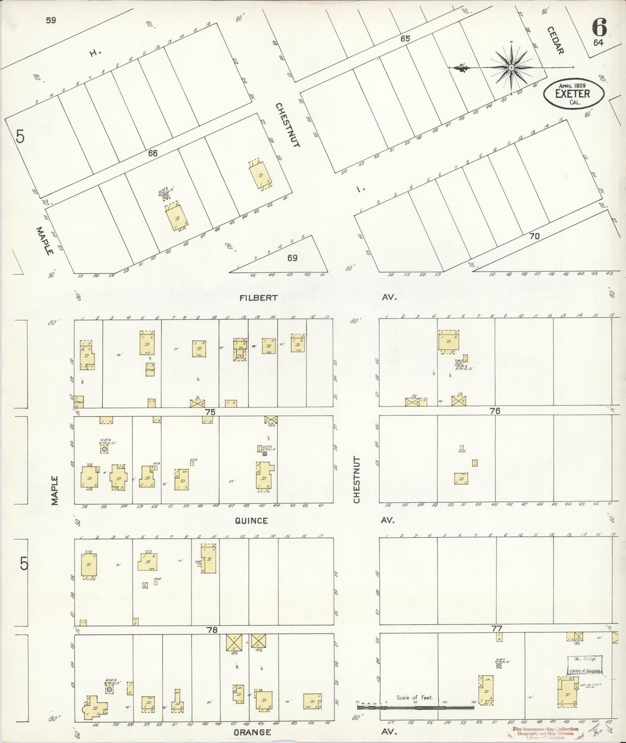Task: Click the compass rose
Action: pyautogui.click(x=511, y=68)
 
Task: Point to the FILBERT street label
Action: pyautogui.click(x=259, y=298)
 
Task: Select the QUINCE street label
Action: pyautogui.click(x=251, y=521)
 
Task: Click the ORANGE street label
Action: pyautogui.click(x=252, y=732)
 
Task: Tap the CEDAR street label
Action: pyautogui.click(x=555, y=40)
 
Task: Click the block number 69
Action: pyautogui.click(x=292, y=258)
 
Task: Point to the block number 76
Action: pyautogui.click(x=495, y=411)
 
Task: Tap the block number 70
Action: pyautogui.click(x=534, y=237)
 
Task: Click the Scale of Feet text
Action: pyautogui.click(x=415, y=698)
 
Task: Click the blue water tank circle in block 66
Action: pyautogui.click(x=165, y=196)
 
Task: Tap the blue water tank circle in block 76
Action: pyautogui.click(x=458, y=362)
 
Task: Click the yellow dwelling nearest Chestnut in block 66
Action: pyautogui.click(x=260, y=175)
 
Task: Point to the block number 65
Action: pyautogui.click(x=405, y=39)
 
